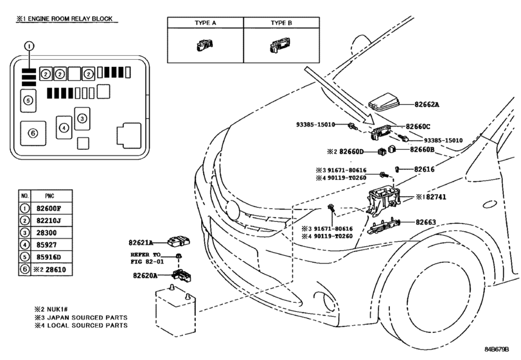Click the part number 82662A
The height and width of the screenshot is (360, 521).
coord(427,104)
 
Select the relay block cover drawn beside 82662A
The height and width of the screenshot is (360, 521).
coord(384,102)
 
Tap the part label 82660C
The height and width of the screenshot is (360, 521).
coord(418,126)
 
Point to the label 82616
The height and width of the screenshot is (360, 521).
coord(424,169)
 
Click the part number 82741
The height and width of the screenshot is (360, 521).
coord(436,197)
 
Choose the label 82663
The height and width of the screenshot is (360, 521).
coord(426,222)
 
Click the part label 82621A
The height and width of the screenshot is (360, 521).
coord(141,242)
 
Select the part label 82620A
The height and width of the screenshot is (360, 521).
coord(145,276)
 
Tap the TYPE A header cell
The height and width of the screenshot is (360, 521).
coord(206,22)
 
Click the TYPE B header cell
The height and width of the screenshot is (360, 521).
coord(281,22)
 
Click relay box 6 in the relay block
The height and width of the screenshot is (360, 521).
coord(33,133)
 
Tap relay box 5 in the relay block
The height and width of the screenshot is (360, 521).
coord(28,100)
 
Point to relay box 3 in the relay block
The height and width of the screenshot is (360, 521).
coord(82,118)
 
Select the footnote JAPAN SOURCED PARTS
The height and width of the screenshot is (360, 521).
coord(87,318)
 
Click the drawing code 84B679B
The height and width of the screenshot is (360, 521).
coord(497,349)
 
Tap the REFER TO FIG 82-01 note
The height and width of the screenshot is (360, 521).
coord(147,258)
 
